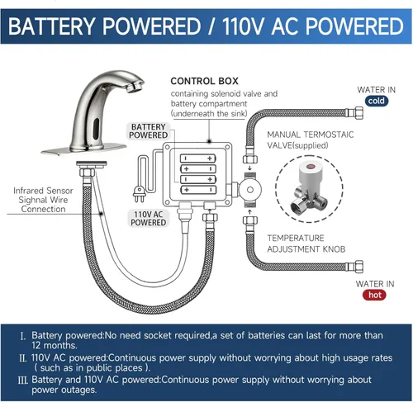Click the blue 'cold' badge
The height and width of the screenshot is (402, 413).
pos(375,102)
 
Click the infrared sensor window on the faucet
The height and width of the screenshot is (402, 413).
pos(93,129)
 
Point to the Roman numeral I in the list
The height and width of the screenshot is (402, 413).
pos(22,337)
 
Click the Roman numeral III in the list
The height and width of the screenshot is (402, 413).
pos(22,378)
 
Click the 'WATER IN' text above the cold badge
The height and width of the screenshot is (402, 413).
pos(375,88)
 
